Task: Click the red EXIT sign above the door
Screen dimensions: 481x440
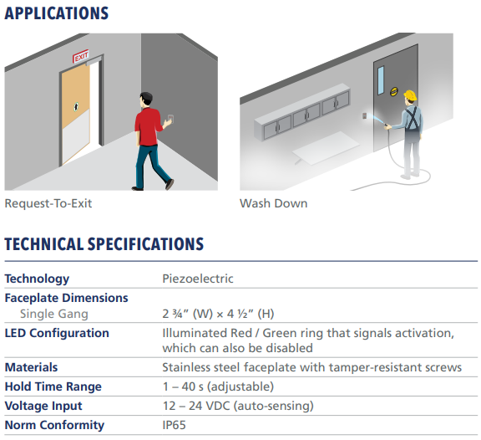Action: tap(81, 56)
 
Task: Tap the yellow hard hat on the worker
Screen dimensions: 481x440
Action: tap(411, 95)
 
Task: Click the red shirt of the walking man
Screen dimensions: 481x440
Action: tap(148, 126)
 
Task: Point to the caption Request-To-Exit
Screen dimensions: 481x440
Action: tap(48, 203)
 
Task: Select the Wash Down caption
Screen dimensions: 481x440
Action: tap(274, 203)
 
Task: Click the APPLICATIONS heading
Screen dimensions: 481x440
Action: tap(57, 13)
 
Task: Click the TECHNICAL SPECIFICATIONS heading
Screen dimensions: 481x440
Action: tap(104, 244)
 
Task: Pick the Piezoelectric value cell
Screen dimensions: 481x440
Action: tap(198, 279)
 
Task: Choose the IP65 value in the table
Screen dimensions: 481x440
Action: tap(174, 425)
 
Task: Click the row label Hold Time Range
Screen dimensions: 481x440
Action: tap(53, 386)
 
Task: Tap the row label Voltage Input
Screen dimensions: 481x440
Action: tap(43, 406)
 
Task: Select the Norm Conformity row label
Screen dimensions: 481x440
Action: tap(54, 425)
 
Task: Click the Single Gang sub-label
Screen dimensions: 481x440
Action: tap(54, 314)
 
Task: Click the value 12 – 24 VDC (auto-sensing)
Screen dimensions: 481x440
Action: tap(238, 406)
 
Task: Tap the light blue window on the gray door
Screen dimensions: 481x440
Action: tap(381, 80)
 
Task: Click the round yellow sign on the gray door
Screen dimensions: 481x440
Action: tap(394, 91)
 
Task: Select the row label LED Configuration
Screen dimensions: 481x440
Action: tap(57, 333)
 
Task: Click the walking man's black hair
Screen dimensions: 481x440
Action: tap(147, 97)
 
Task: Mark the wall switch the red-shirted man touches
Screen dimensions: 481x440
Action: tap(171, 119)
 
